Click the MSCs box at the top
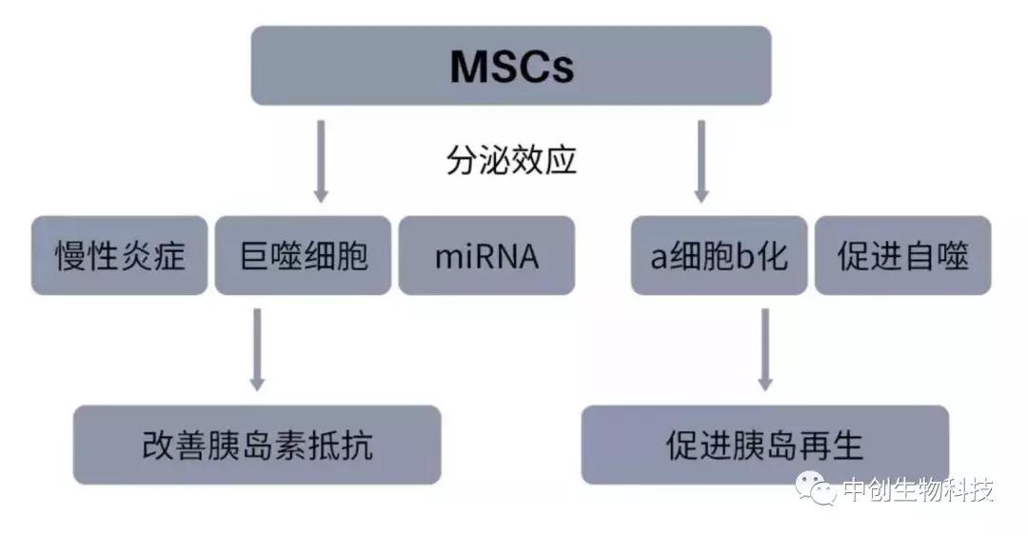pos(511,66)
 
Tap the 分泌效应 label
pos(511,159)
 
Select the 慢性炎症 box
pos(119,256)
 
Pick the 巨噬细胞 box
pos(304,256)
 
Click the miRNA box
pos(486,256)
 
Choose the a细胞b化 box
pos(719,256)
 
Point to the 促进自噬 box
pos(902,256)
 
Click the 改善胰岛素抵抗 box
pos(257,445)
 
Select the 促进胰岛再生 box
pos(764,445)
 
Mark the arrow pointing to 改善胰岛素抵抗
pos(257,348)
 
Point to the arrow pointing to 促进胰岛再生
pos(764,348)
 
